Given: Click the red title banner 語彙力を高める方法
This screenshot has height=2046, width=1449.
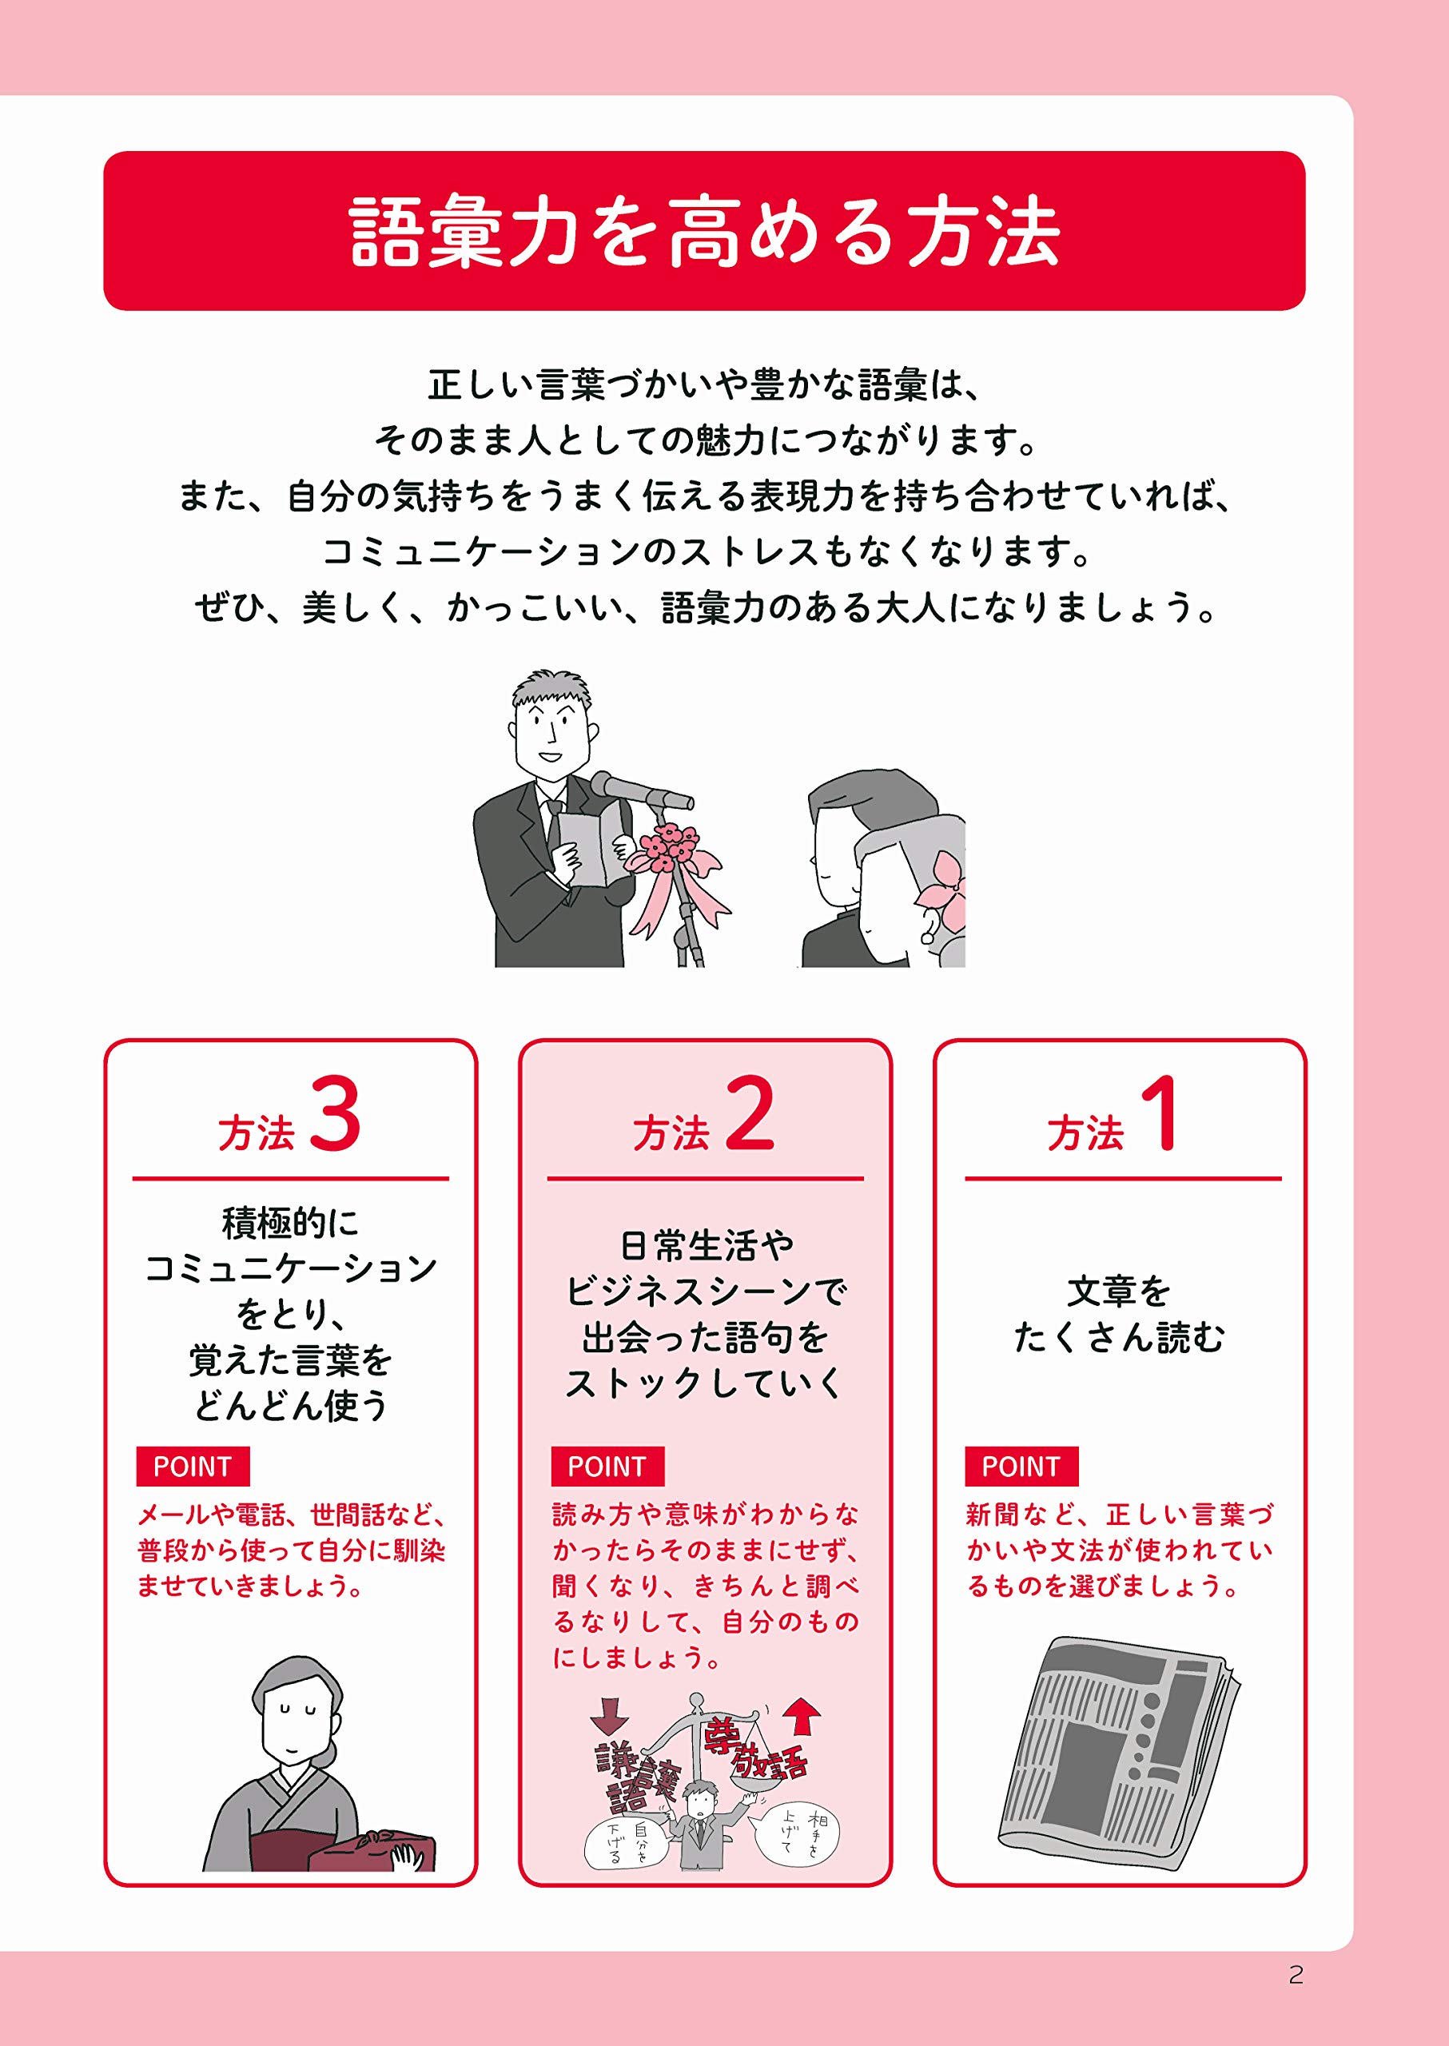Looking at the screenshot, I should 704,231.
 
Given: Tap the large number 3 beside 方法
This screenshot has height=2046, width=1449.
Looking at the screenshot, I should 336,1113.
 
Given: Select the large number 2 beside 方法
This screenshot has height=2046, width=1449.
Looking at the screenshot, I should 750,1113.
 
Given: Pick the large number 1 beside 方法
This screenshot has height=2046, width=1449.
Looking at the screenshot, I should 1162,1113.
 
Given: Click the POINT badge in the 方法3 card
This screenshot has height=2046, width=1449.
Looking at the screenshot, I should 193,1466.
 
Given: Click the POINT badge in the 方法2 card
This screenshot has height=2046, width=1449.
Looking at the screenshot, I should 607,1466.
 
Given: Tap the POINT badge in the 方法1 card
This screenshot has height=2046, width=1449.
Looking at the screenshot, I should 1021,1466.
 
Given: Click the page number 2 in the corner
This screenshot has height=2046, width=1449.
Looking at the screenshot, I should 1296,1975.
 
